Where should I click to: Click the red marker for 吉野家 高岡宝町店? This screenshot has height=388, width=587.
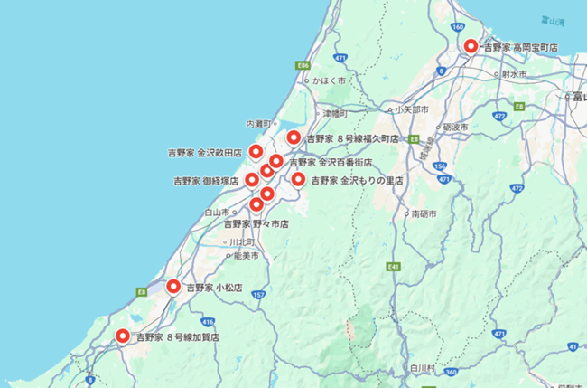471,46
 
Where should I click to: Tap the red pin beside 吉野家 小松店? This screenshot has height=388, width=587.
174,288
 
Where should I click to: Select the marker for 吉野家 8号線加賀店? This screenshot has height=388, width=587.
123,336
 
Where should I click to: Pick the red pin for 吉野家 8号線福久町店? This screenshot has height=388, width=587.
293,138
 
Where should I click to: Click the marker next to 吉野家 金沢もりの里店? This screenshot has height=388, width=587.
298,180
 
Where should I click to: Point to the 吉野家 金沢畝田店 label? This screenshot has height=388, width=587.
205,153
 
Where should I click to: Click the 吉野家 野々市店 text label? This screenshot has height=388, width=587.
256,222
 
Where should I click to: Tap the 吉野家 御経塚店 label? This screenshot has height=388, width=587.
206,181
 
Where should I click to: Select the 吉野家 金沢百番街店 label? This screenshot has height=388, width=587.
331,163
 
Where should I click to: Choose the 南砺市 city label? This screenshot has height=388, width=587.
424,214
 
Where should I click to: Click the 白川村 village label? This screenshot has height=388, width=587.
422,368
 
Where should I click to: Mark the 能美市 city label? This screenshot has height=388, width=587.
246,256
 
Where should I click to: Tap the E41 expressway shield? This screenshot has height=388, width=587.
393,267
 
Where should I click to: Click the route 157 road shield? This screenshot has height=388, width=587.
260,295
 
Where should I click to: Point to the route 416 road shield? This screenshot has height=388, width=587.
209,322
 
